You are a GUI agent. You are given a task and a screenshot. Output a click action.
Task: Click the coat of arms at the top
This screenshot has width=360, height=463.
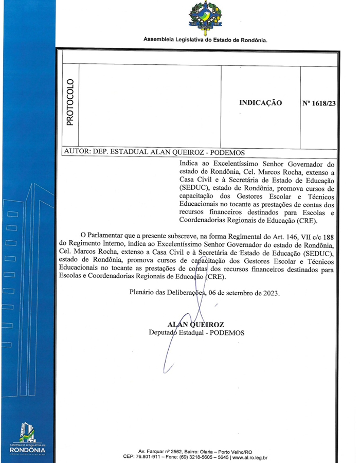[205, 17]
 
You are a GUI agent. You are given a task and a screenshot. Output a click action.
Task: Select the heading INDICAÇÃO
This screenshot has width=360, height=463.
[260, 103]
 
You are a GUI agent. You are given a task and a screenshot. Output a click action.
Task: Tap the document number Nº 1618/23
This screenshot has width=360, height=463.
[319, 103]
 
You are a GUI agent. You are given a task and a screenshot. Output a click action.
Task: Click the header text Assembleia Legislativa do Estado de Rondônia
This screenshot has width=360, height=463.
[205, 40]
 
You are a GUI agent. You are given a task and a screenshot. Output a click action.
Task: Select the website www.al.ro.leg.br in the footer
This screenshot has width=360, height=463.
[249, 456]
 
